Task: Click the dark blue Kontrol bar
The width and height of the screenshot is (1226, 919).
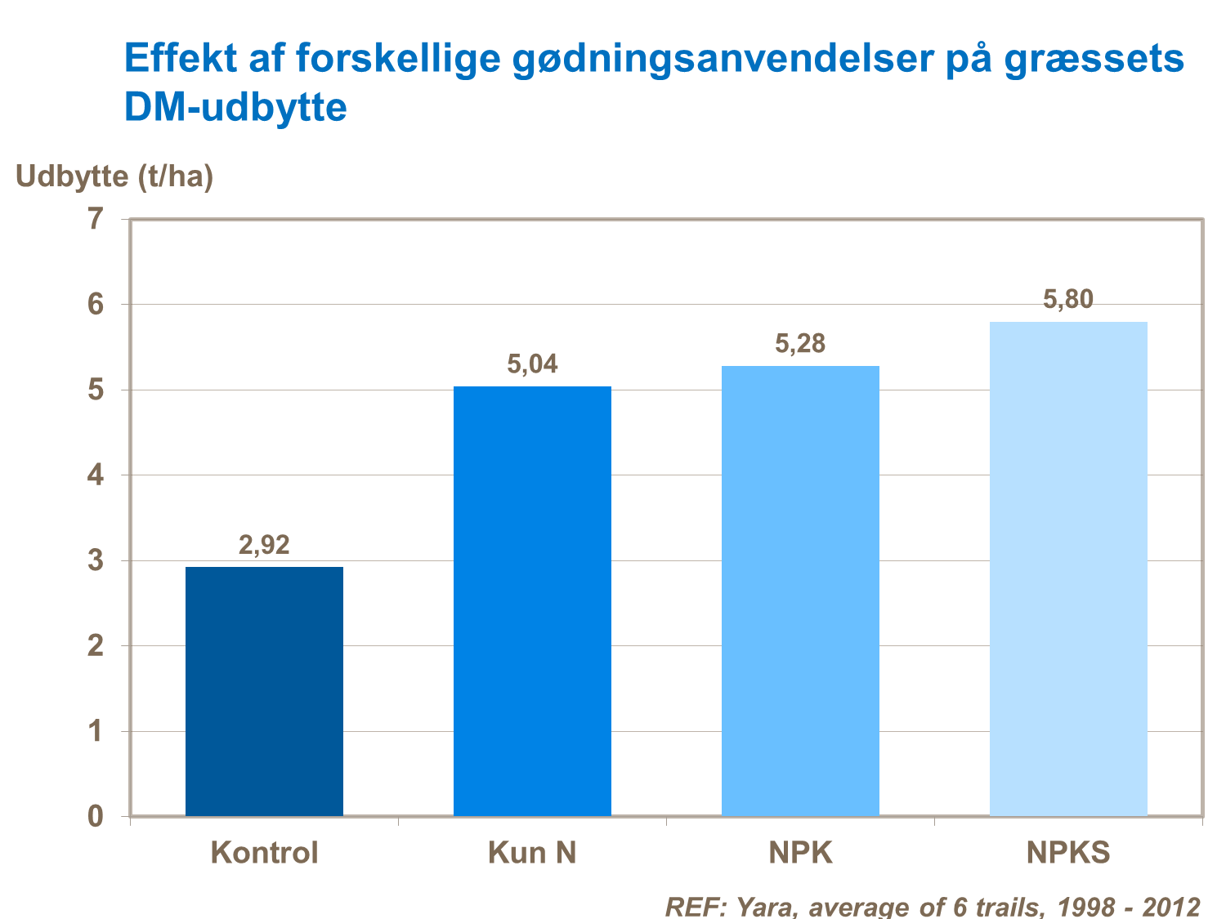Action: coord(264,691)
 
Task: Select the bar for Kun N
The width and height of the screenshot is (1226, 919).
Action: coord(532,601)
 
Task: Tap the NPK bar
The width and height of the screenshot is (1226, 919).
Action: coord(800,591)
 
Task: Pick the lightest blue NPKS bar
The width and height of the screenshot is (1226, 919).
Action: coord(1068,569)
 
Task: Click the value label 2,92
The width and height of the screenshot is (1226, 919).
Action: coord(264,545)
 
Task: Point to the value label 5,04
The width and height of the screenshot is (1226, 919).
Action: coord(532,364)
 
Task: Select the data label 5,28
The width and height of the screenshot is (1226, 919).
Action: coord(800,344)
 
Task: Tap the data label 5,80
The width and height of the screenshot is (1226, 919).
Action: coord(1068,300)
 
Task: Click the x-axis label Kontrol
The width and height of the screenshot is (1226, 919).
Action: coord(264,853)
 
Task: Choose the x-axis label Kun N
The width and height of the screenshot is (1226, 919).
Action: coord(532,853)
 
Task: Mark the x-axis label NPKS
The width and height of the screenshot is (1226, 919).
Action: coord(1068,853)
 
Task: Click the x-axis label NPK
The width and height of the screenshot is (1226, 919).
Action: coord(800,853)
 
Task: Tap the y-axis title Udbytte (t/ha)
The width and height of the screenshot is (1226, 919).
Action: coord(114,176)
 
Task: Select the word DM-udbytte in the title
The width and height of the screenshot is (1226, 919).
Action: coord(235,108)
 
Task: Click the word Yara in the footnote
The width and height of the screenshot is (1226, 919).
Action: coord(766,907)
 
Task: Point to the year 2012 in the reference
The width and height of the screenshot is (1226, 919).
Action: coord(1170,907)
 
